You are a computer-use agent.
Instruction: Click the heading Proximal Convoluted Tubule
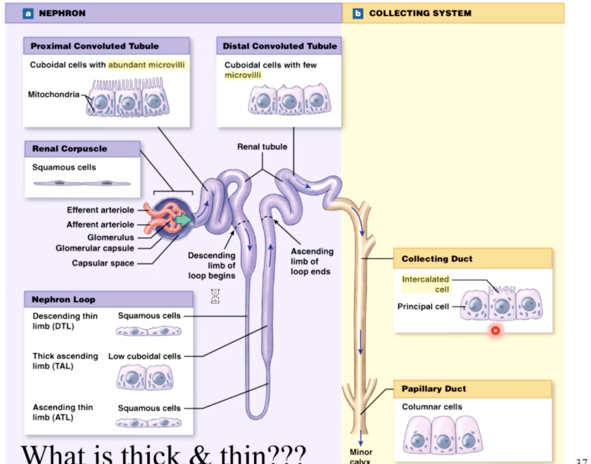coord(94,46)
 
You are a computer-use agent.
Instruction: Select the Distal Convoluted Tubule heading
coord(279,46)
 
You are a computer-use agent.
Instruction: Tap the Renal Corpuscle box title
coord(69,149)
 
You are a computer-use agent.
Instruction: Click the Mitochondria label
coord(54,94)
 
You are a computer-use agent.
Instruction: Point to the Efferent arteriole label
coord(101,210)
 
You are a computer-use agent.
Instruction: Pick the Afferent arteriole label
coord(101,225)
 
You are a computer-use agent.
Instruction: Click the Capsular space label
coord(103,263)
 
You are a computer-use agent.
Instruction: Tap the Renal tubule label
coord(262,147)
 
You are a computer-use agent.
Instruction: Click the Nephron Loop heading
coord(63,300)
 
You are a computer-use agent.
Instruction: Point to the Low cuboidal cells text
coord(145,356)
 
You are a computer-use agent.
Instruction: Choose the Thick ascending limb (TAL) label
coord(65,361)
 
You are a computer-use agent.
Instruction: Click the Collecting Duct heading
coord(437,259)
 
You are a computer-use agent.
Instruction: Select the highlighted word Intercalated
coord(425,279)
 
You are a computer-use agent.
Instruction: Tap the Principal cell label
coord(423,306)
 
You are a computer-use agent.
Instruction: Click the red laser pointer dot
coord(495,331)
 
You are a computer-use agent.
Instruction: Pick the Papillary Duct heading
coord(433,389)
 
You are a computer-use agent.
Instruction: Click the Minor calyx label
coord(361,456)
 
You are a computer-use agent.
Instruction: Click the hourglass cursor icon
coord(215,296)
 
